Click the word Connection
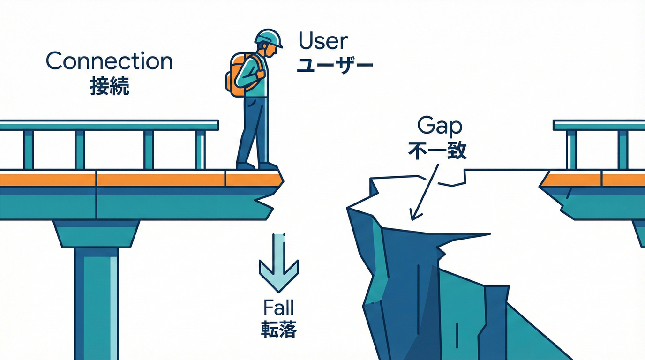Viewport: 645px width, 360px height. (109, 61)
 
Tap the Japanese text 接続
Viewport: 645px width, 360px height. (109, 86)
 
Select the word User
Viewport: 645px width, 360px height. (323, 41)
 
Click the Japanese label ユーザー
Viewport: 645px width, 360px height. (335, 65)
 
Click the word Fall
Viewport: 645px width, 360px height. (278, 307)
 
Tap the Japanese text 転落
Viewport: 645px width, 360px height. (279, 329)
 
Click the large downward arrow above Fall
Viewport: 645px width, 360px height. (279, 262)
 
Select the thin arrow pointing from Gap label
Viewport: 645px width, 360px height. (424, 192)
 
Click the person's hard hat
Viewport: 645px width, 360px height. (269, 38)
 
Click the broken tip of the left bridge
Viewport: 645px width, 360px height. (282, 181)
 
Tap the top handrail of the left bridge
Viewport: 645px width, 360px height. (109, 125)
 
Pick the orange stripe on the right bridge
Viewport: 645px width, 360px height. (593, 180)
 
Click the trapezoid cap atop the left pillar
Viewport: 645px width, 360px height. (97, 234)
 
